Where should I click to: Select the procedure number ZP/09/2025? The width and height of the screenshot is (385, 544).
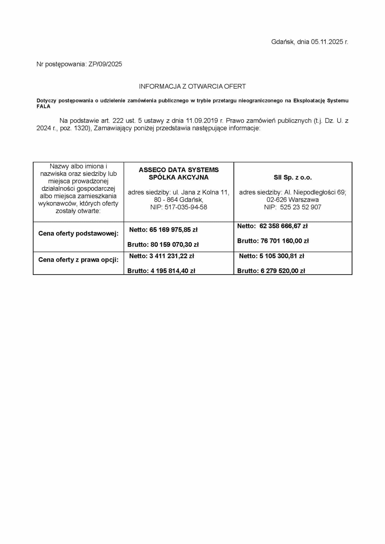(105, 64)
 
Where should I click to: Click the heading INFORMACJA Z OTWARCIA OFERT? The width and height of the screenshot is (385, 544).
(192, 87)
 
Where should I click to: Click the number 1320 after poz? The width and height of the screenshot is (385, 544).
(81, 129)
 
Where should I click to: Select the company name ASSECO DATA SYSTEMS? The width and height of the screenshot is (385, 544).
(179, 170)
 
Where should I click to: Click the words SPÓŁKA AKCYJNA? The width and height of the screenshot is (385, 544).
(179, 177)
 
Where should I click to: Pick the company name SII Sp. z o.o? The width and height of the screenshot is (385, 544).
(292, 178)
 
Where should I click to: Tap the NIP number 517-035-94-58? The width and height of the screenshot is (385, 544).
(186, 207)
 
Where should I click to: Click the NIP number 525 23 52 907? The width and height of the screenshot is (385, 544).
(300, 207)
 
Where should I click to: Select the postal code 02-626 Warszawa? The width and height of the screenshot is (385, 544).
(292, 200)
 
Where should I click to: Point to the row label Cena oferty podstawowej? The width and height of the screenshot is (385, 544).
(78, 234)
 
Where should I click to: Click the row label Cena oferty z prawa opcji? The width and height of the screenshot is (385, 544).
(78, 260)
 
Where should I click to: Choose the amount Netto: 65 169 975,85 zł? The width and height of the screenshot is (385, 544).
(163, 230)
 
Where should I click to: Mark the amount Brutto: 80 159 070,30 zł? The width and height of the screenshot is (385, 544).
(163, 245)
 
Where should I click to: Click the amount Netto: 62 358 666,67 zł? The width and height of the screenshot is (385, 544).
(272, 226)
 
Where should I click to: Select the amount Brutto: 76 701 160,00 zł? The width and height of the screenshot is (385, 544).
(273, 241)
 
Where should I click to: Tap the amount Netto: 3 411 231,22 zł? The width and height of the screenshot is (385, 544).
(162, 256)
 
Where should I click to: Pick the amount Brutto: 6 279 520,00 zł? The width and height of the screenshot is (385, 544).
(271, 271)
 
